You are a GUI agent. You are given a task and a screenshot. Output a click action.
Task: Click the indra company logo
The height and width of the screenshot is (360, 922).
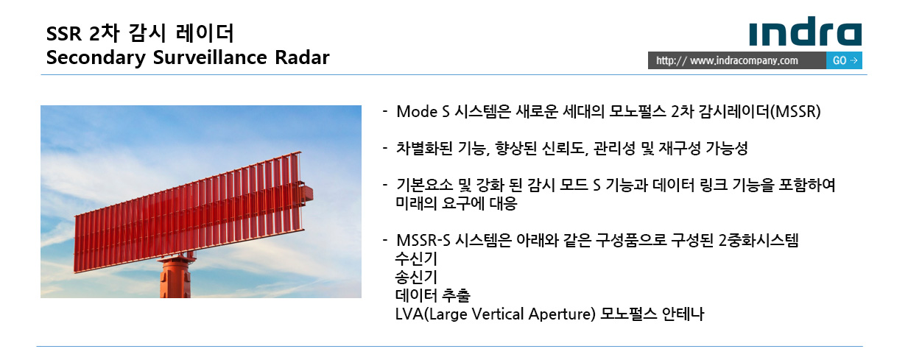tap(805, 31)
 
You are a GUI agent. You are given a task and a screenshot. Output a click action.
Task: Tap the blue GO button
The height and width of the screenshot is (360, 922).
tap(844, 60)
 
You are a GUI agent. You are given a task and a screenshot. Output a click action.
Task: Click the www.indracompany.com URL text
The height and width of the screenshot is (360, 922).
tap(744, 60)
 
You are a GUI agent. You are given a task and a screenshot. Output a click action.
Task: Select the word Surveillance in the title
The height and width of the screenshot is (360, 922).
tap(210, 57)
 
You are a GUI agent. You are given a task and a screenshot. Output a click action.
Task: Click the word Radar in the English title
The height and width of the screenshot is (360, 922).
tap(302, 57)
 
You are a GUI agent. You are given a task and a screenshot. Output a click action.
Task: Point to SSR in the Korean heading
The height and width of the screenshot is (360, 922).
tap(64, 34)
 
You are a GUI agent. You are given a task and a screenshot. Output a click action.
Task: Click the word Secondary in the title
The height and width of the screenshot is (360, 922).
tap(96, 58)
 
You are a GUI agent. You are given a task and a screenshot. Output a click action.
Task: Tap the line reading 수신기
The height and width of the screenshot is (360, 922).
tap(416, 259)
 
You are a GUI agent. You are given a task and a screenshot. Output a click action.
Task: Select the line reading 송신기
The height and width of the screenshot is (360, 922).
tap(416, 278)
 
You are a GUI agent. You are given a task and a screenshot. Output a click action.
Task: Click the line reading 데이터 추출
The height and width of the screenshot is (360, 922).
tap(432, 295)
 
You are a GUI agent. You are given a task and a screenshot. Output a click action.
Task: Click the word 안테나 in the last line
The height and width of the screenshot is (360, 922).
tap(683, 314)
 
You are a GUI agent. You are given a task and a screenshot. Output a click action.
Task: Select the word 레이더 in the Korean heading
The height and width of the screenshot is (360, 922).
tap(205, 33)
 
